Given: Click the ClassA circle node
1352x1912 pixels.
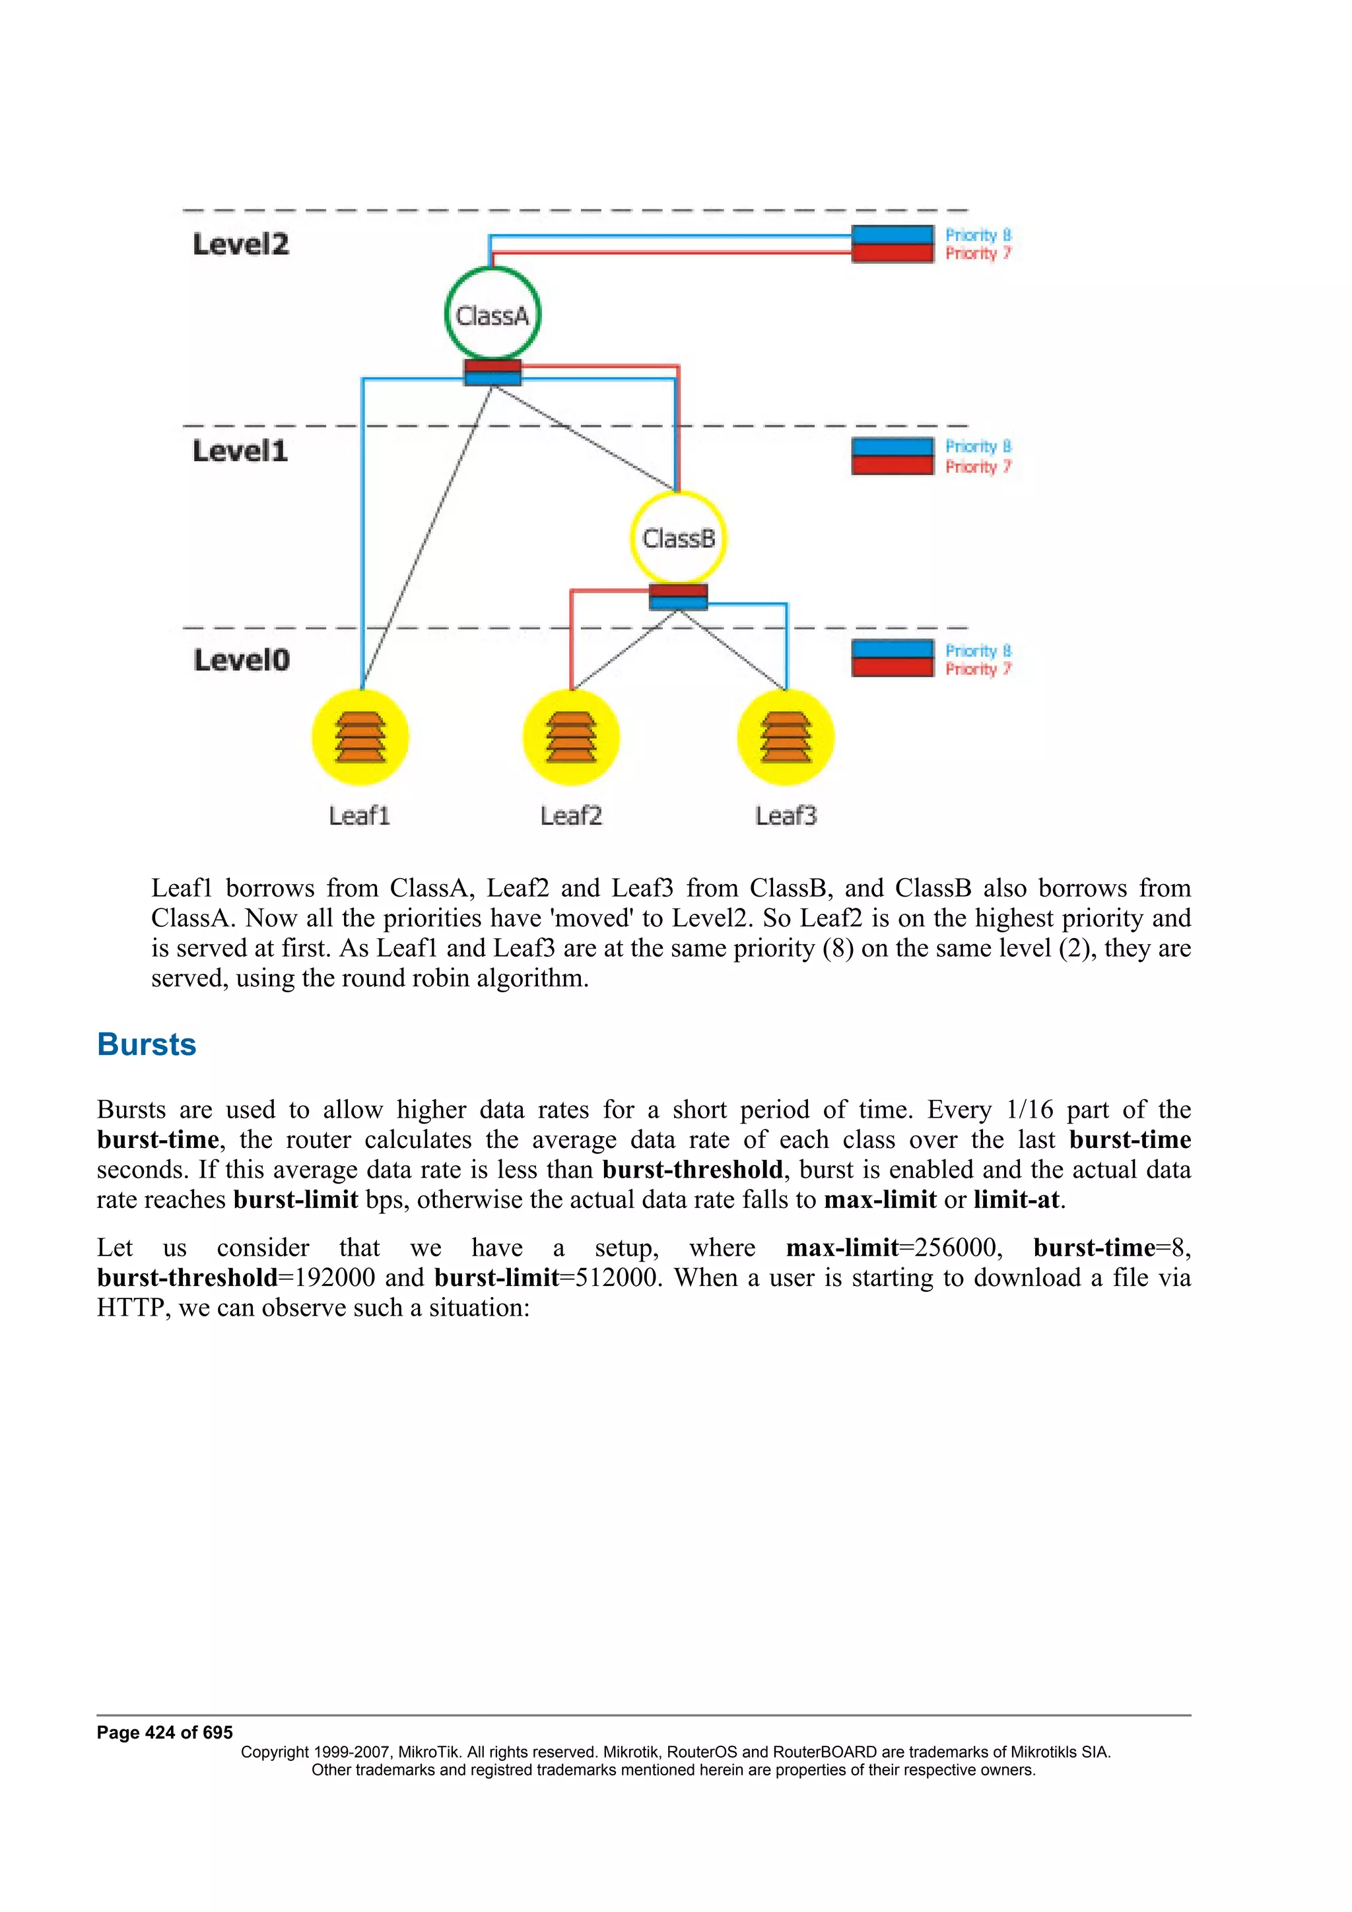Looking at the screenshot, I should pos(492,314).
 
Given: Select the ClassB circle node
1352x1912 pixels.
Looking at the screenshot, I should pos(678,537).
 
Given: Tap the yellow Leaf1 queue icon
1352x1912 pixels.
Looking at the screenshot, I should pos(360,738).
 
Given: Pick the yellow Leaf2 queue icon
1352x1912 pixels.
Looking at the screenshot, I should pos(570,738).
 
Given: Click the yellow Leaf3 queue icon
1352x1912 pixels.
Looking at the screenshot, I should pos(786,738).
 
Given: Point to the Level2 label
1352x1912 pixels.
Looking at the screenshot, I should pos(241,244).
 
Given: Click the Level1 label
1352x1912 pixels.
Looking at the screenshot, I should pos(240,451).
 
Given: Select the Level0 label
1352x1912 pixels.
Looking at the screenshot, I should pos(242,660).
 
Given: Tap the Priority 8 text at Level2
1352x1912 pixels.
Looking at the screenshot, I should pos(978,235).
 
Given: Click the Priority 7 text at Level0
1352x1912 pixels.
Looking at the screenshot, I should pos(978,669).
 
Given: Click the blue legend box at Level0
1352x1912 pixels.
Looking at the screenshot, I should pos(892,649).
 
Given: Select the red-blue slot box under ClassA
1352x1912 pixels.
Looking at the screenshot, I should pos(492,372).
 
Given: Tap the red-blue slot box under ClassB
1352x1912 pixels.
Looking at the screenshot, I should pos(678,596).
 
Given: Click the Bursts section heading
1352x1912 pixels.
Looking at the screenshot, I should pos(147,1044).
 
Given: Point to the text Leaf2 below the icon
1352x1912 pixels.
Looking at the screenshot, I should pos(570,815).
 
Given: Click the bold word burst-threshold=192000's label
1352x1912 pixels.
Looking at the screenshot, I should pos(187,1277).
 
